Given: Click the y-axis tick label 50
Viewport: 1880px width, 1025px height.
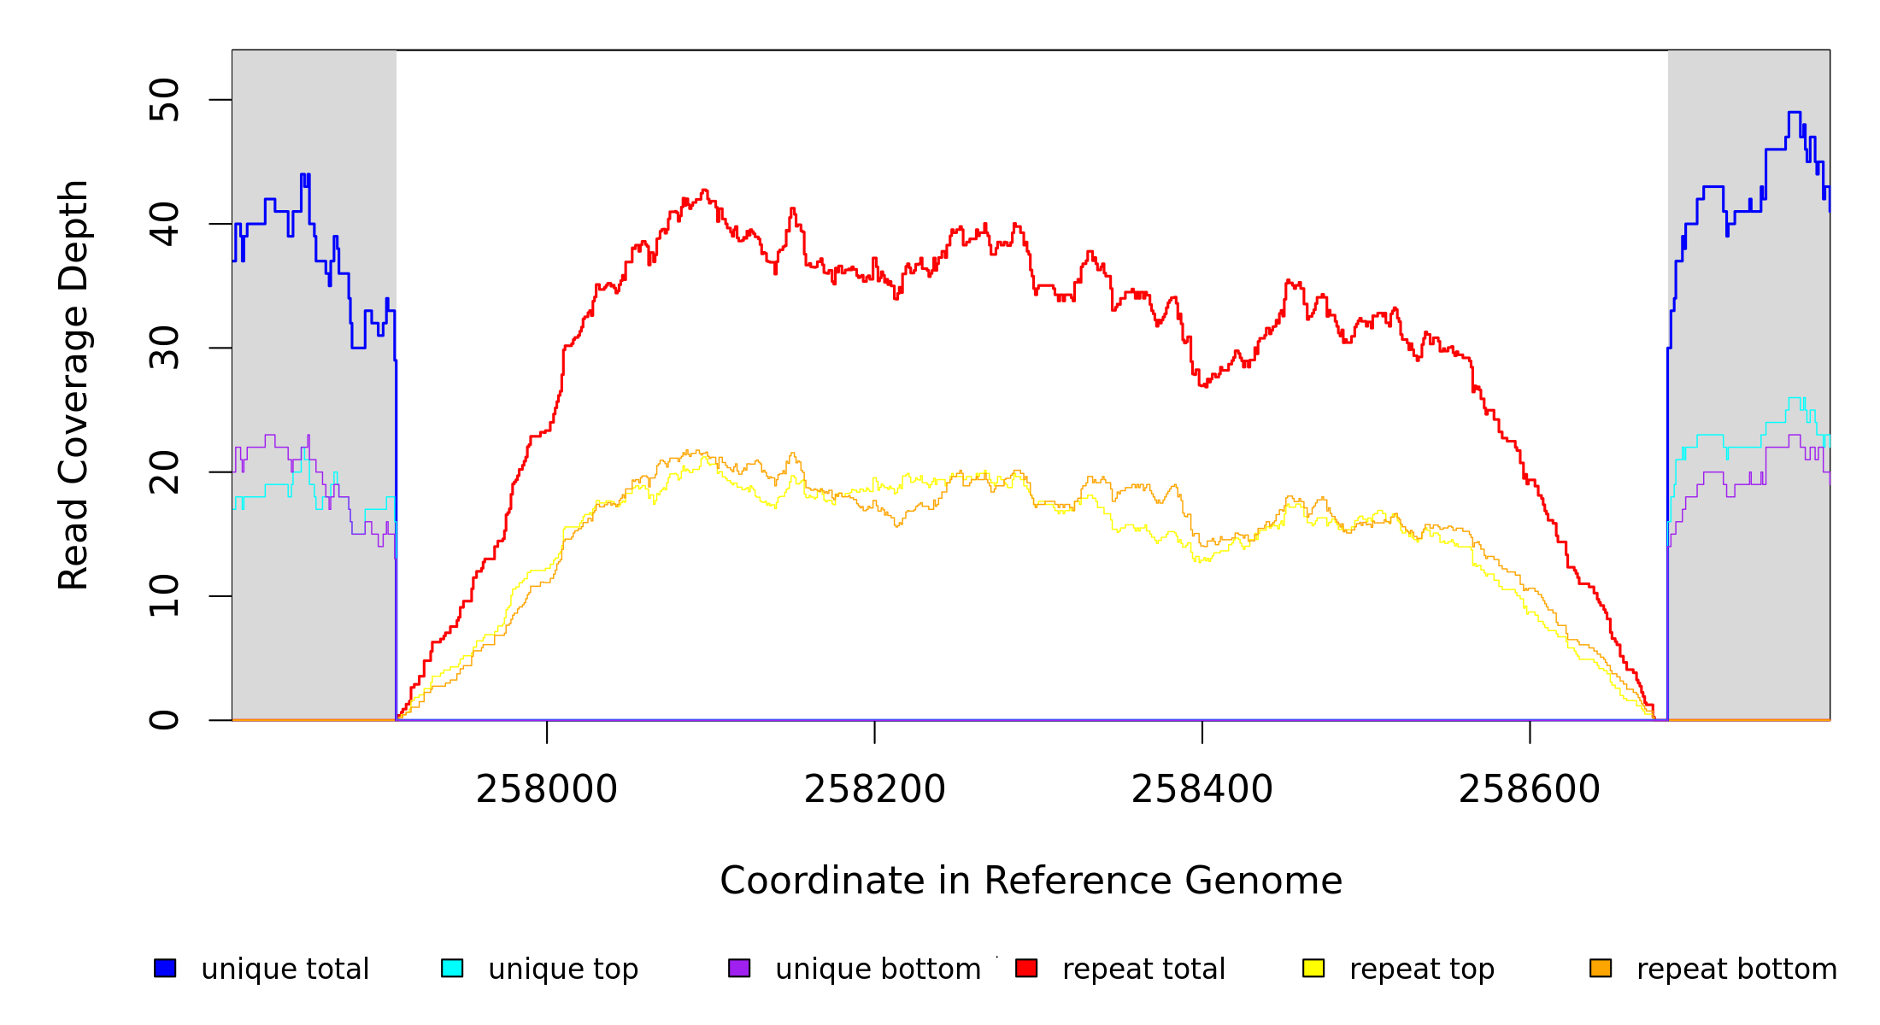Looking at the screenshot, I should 164,100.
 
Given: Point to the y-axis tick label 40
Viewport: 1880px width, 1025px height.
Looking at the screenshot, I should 164,224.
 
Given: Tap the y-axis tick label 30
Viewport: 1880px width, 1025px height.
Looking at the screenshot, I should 164,348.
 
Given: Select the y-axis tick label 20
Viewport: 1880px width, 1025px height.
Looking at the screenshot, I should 164,472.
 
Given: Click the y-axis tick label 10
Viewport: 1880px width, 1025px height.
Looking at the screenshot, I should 164,596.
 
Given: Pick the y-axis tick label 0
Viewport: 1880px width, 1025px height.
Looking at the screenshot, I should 164,720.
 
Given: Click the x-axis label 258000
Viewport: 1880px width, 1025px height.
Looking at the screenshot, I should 547,789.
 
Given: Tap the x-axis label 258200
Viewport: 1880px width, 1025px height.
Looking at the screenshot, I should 874,789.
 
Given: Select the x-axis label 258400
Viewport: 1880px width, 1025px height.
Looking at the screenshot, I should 1201,789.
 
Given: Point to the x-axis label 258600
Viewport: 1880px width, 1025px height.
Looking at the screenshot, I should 1529,789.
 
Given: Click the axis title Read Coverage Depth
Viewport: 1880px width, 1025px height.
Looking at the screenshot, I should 73,384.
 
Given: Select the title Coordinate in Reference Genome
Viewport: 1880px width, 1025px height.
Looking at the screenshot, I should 1031,881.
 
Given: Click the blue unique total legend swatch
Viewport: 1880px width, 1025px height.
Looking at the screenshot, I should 165,968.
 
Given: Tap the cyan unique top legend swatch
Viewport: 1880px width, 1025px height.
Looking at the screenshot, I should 452,968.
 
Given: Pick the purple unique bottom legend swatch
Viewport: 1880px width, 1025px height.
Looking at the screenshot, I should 739,968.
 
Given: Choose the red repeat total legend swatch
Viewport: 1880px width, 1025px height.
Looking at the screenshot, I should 1026,968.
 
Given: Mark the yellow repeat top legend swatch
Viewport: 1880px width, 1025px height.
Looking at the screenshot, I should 1313,968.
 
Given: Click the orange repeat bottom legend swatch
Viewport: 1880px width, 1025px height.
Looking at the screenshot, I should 1601,968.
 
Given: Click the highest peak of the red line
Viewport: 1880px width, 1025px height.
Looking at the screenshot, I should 704,190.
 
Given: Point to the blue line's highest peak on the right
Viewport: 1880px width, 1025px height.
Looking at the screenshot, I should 1794,113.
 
